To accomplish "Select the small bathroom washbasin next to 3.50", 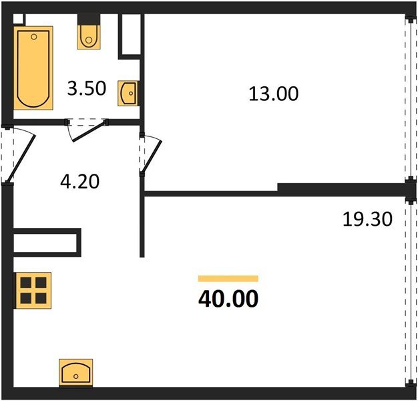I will pyautogui.click(x=128, y=93).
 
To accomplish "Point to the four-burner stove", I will pyautogui.click(x=33, y=291).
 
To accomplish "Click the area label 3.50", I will pyautogui.click(x=87, y=89).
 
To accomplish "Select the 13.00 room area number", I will pyautogui.click(x=273, y=94).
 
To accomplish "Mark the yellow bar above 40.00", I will pyautogui.click(x=228, y=278).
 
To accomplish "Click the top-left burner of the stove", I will pyautogui.click(x=26, y=283).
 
